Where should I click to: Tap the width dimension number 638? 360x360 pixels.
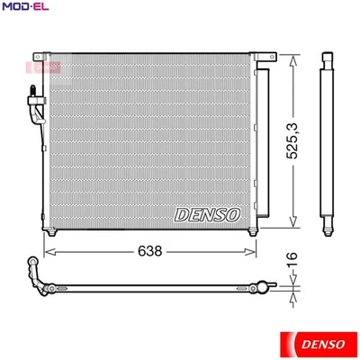[x=151, y=252]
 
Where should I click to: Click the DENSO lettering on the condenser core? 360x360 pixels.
[x=206, y=212]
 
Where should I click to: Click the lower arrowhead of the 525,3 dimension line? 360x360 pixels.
[x=292, y=225]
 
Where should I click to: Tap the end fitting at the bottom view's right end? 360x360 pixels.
[x=265, y=290]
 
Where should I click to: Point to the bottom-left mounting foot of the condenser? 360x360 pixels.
[x=54, y=232]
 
